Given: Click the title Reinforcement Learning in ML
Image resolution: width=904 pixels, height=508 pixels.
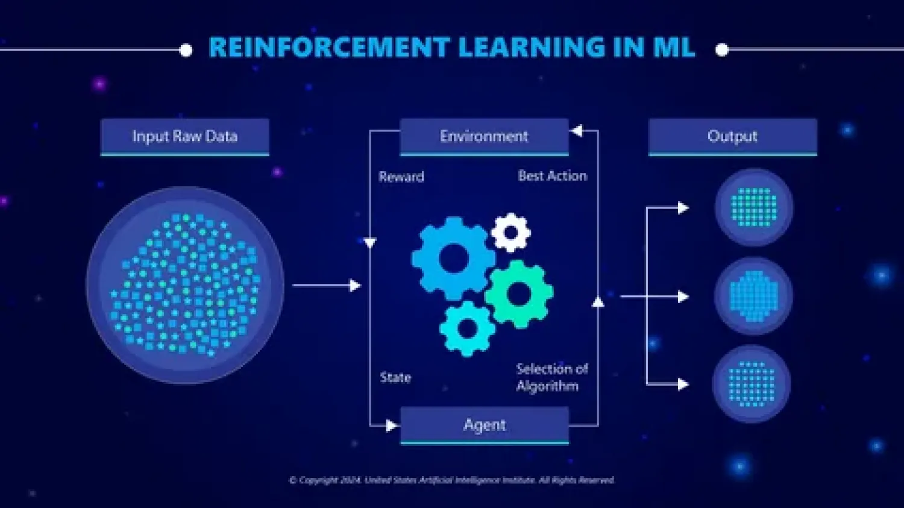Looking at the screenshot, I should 451,48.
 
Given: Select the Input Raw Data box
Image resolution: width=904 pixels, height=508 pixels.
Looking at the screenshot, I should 184,137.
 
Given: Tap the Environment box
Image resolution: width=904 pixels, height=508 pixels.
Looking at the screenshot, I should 484,137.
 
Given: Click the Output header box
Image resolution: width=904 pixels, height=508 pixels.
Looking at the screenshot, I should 732,137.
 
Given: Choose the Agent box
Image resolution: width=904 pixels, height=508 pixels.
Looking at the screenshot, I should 485,425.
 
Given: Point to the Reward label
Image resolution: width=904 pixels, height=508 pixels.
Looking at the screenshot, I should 401,177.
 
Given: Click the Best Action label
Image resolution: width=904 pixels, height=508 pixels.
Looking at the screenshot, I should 552,176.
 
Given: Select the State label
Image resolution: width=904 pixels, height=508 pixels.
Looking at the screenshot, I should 395,378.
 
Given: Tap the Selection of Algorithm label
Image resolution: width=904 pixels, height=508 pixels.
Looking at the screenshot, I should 551,377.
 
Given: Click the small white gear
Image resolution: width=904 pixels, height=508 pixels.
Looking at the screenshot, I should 511,232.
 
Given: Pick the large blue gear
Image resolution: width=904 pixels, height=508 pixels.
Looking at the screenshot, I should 453,259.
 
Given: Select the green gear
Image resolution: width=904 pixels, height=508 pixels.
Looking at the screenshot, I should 519,294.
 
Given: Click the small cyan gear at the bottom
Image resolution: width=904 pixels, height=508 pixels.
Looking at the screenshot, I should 468,328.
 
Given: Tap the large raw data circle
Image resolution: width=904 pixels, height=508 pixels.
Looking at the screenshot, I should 185,285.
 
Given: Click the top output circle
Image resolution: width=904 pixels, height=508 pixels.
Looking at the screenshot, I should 753,207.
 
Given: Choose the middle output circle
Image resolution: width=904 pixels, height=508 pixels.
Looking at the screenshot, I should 753,296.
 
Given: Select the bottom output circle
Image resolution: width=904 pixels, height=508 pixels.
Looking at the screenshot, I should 752,384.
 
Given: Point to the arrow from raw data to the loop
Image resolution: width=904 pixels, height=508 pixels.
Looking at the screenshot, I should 326,286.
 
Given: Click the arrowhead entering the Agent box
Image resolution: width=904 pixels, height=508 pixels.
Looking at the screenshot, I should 391,426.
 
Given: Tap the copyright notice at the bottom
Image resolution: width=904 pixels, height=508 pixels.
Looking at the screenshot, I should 451,480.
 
